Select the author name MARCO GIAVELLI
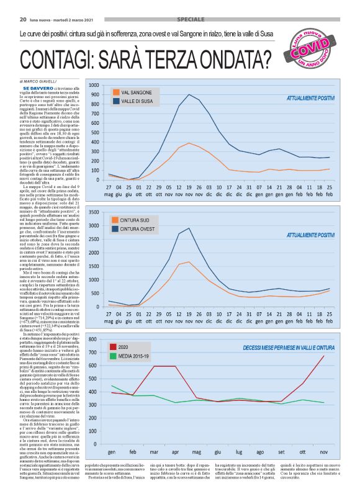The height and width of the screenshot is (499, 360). coord(40,81)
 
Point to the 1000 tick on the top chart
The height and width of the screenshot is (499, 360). coord(94,85)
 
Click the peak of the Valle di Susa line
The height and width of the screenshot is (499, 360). coord(189,94)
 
